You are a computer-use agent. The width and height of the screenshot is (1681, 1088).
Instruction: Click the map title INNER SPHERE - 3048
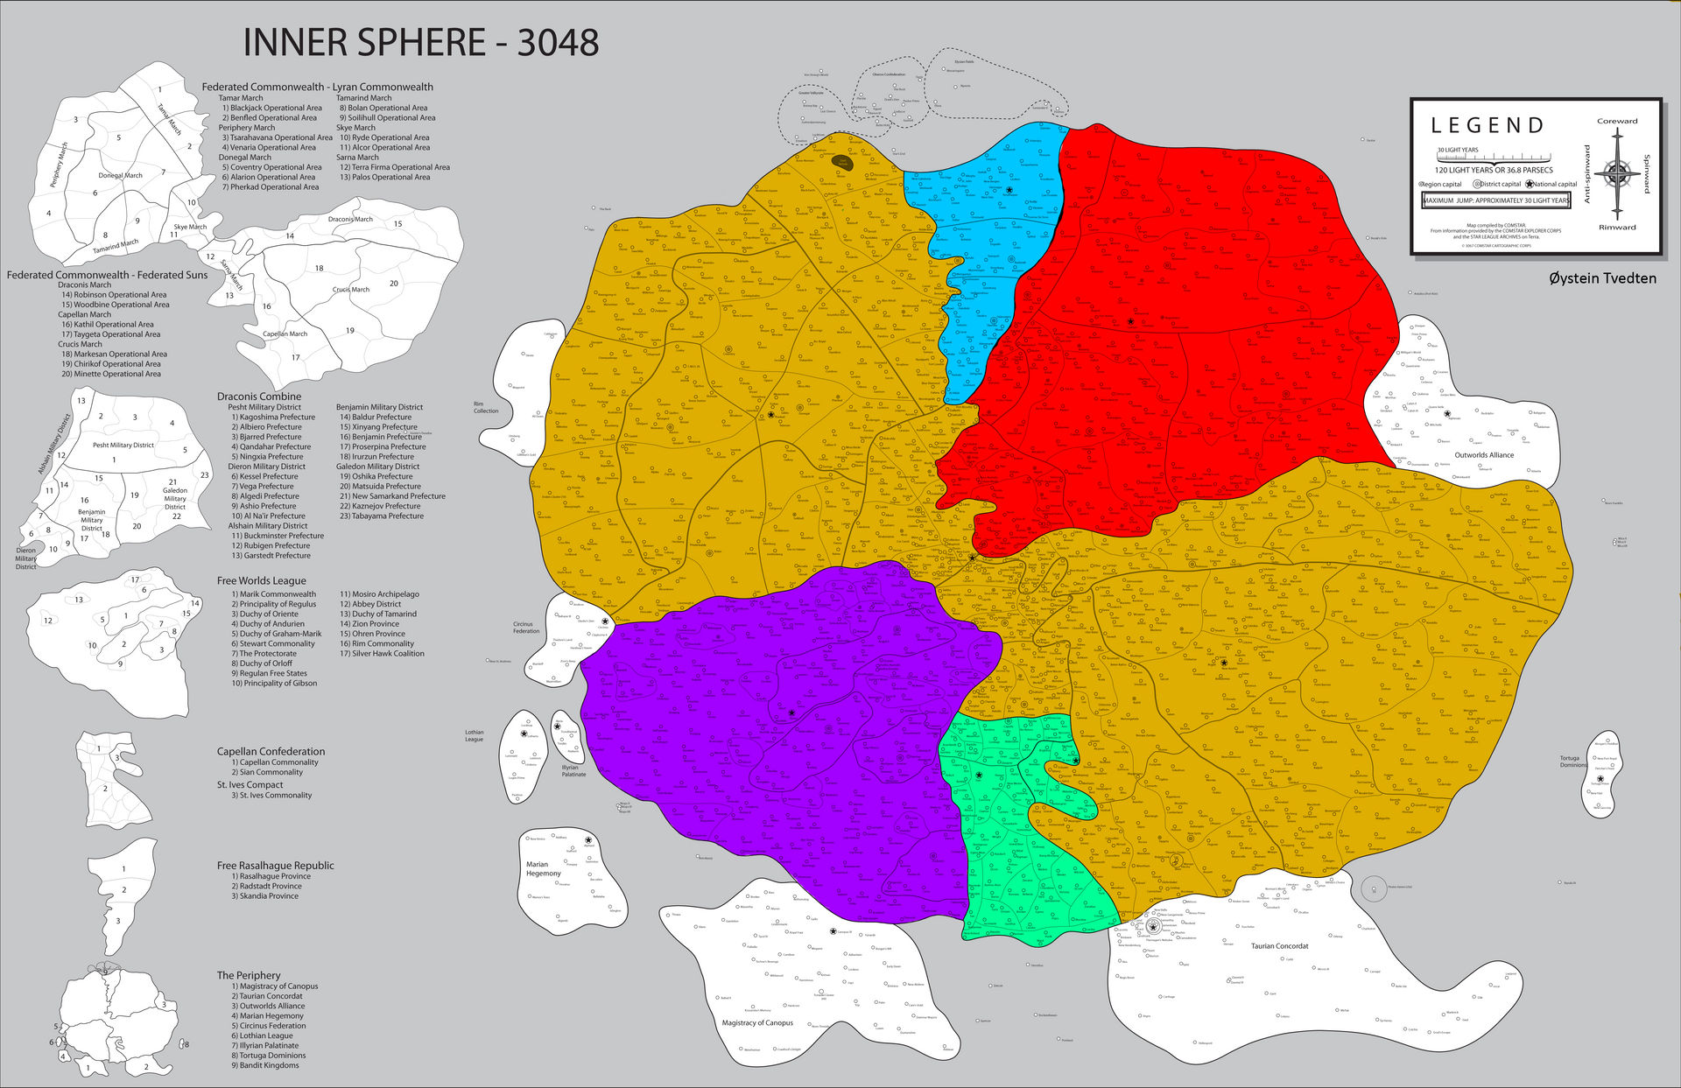coord(420,43)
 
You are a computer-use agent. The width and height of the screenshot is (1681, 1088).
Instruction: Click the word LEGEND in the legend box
coord(1488,126)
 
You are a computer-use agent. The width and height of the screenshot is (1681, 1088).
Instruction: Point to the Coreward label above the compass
coord(1617,121)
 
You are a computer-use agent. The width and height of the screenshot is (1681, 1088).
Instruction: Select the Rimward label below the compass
coord(1617,228)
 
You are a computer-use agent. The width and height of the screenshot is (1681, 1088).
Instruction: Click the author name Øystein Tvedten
coord(1602,278)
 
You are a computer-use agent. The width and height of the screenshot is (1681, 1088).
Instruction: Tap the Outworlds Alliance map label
coord(1484,455)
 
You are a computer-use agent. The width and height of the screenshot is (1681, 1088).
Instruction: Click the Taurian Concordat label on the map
coord(1279,946)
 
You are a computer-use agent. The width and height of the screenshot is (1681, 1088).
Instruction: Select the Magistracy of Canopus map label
coord(757,1022)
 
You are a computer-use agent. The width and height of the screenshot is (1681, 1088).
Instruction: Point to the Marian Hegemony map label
coord(543,868)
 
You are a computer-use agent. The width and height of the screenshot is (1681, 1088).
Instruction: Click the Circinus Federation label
coord(526,628)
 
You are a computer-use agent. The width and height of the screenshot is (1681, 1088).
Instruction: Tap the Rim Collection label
coord(486,407)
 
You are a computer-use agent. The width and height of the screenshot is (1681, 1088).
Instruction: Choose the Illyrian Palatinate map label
coord(573,770)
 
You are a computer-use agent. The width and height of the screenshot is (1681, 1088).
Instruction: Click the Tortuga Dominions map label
coord(1573,762)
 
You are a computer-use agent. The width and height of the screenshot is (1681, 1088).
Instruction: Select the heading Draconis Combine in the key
coord(259,397)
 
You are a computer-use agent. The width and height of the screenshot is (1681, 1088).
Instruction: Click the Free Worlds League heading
coord(262,580)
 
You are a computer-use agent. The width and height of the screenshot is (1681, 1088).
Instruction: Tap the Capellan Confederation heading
coord(271,751)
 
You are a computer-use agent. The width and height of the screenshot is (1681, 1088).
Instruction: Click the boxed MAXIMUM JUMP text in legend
coord(1495,200)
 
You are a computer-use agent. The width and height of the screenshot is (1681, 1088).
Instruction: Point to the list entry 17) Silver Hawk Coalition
coord(382,653)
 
